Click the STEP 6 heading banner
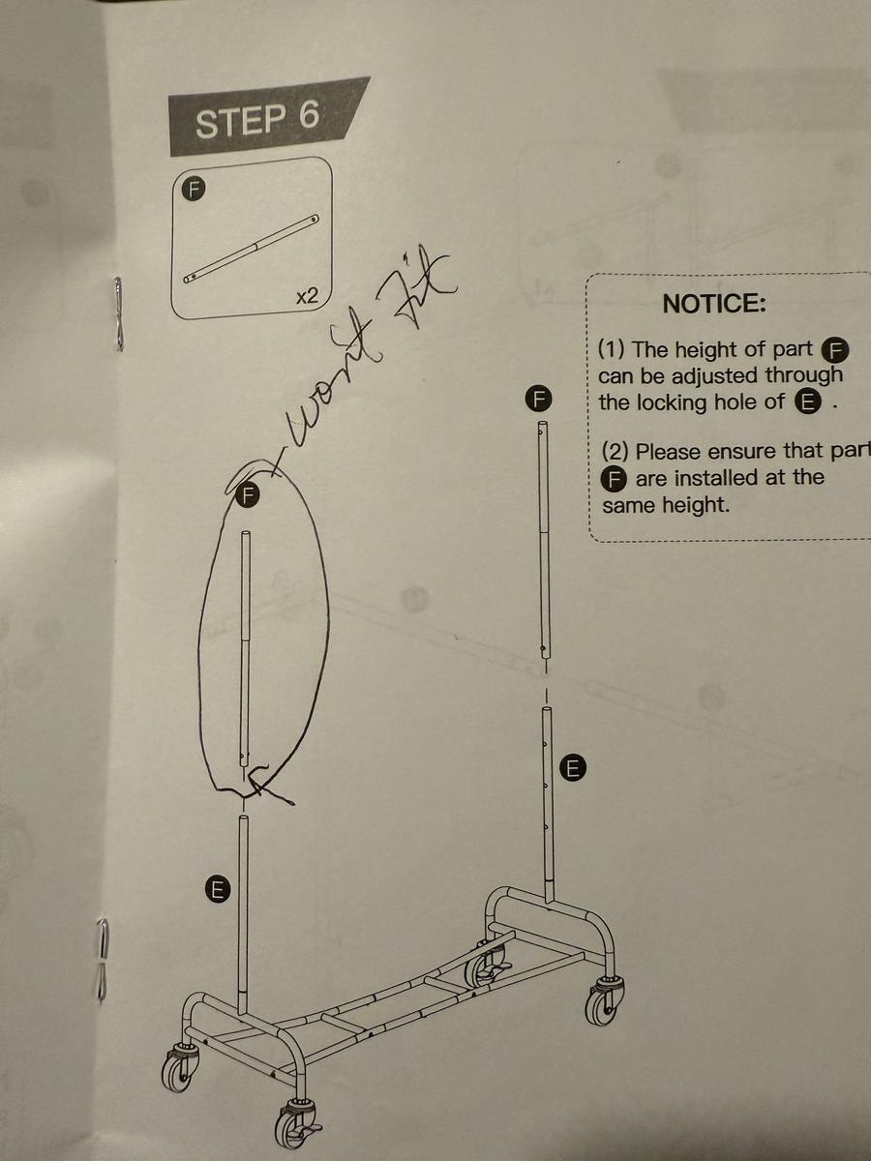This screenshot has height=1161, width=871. [257, 119]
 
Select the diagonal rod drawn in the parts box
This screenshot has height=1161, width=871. [253, 248]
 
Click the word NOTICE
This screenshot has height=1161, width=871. [714, 304]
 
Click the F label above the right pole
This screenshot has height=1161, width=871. [539, 398]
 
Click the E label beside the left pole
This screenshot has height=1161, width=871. [219, 888]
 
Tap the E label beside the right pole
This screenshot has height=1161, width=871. [573, 769]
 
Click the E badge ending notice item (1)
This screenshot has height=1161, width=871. [807, 403]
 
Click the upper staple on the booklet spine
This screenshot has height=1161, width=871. [118, 312]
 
